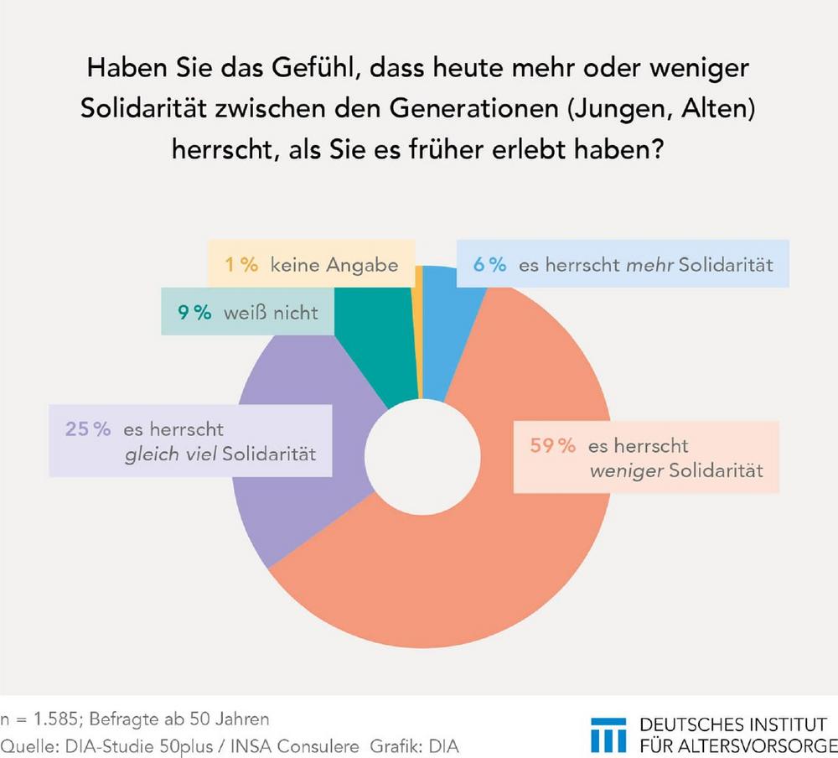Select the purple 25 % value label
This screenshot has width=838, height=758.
click(x=88, y=429)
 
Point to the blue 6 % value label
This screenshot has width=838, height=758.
click(x=489, y=265)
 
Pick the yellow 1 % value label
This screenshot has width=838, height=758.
click(x=241, y=266)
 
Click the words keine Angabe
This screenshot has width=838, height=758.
click(x=334, y=266)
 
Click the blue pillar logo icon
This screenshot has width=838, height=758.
click(x=608, y=734)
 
